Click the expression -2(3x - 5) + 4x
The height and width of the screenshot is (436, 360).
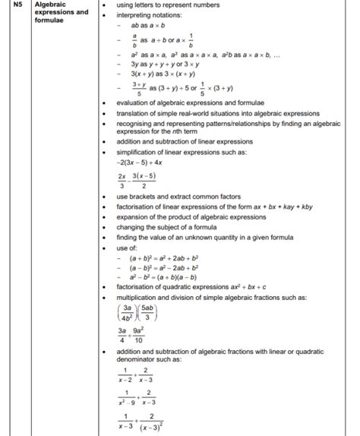(144, 161)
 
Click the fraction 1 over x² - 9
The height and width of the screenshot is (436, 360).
(124, 400)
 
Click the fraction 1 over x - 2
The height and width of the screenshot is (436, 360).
(124, 375)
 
